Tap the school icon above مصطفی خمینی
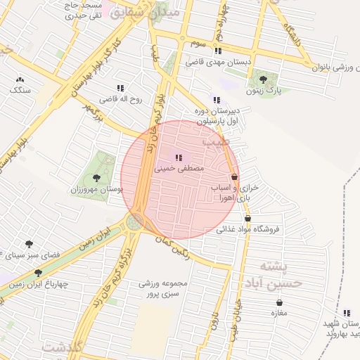[x=178, y=157]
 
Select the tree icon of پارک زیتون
[x=262, y=79]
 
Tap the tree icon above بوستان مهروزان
[x=96, y=178]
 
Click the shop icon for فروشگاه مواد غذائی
[x=247, y=219]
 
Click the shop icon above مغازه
[x=279, y=302]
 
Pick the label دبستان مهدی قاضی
[x=219, y=62]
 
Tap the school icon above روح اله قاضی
[x=120, y=89]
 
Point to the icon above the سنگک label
[x=19, y=80]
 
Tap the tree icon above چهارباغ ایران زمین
[x=38, y=272]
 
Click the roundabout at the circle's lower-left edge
[x=134, y=223]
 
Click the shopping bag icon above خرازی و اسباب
[x=234, y=178]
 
